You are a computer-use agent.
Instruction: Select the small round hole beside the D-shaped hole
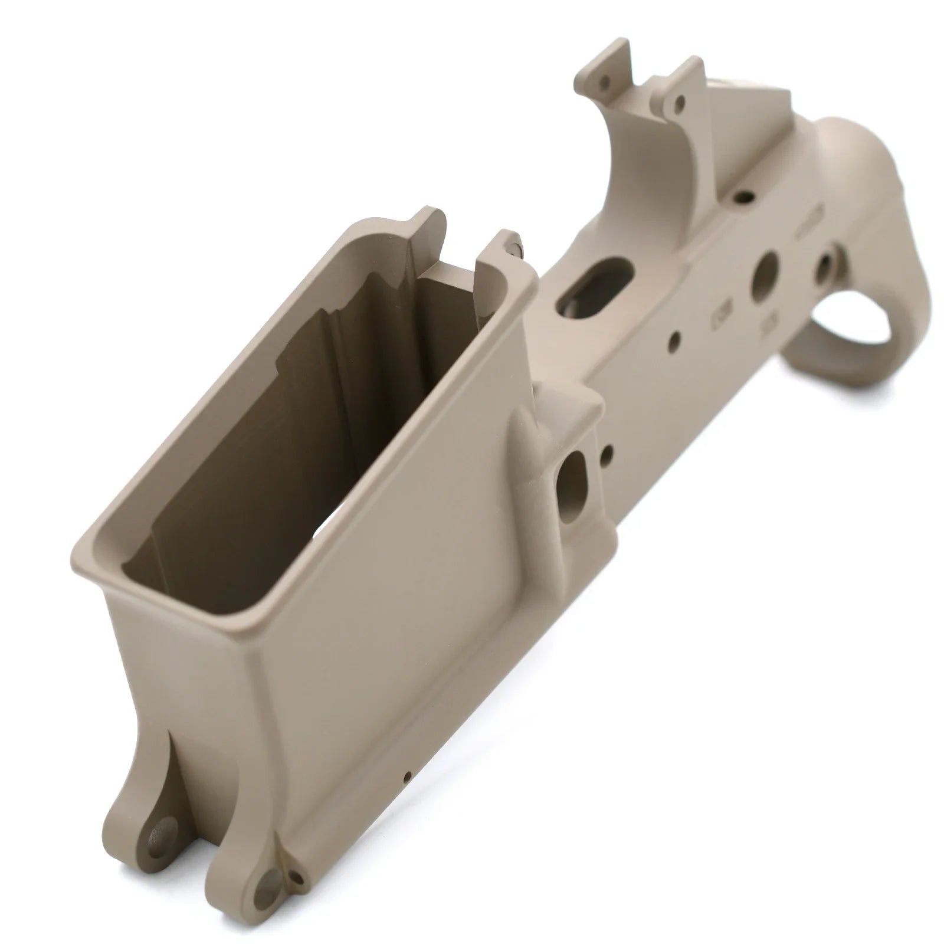pyautogui.click(x=609, y=453)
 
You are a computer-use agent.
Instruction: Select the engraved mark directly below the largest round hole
pyautogui.click(x=769, y=323)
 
